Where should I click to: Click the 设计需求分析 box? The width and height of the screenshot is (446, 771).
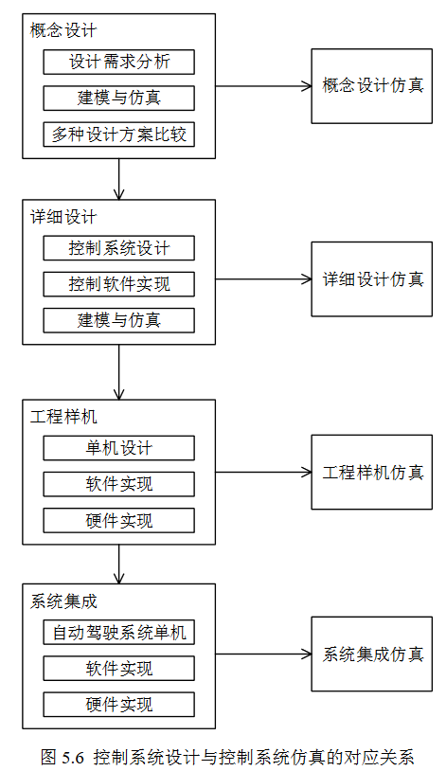tap(118, 62)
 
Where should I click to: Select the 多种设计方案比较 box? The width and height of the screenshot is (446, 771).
tap(118, 134)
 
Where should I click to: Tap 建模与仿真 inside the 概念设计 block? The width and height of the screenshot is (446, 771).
tap(118, 98)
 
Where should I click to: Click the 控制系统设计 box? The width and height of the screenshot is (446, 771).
tap(118, 248)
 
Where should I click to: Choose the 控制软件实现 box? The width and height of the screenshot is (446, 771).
tap(118, 284)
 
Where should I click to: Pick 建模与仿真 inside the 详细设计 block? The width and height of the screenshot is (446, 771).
tap(118, 320)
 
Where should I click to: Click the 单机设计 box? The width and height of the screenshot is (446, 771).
tap(118, 448)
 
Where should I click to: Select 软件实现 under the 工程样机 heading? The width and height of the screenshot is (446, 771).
tap(118, 484)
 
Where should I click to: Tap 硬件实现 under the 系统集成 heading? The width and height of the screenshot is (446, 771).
tap(118, 705)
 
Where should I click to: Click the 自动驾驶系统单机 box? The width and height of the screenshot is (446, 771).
tap(118, 633)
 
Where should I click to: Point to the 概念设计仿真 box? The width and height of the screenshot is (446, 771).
tap(372, 86)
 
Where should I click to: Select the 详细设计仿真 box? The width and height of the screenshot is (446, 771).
tap(372, 278)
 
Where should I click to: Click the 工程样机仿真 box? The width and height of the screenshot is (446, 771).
tap(372, 472)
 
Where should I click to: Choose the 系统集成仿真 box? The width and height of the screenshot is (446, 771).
tap(372, 654)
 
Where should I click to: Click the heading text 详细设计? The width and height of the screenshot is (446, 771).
tap(63, 217)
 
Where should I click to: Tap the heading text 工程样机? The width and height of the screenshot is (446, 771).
tap(63, 417)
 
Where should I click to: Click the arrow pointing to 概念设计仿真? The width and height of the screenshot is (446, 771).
tap(263, 86)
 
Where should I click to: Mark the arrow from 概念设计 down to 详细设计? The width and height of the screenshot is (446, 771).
tap(118, 179)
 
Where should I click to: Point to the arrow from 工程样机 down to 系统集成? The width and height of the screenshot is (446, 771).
tap(118, 564)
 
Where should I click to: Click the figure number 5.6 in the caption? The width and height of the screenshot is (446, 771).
tap(73, 757)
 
